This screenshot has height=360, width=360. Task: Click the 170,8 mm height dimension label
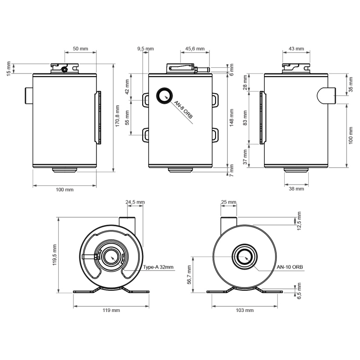(x=117, y=116)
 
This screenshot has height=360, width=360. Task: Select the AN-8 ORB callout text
(x=183, y=109)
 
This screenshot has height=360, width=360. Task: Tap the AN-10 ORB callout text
(x=290, y=267)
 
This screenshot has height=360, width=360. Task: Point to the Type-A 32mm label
(x=158, y=267)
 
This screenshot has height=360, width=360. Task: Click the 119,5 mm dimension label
(x=54, y=255)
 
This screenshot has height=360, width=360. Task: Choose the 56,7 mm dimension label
(x=189, y=275)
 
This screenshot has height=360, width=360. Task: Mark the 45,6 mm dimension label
(x=195, y=48)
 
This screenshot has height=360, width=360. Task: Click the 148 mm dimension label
(x=231, y=118)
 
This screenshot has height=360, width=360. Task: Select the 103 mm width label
(x=245, y=311)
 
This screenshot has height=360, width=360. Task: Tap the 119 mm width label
(x=111, y=311)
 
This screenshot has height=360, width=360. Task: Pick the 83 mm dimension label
(x=245, y=118)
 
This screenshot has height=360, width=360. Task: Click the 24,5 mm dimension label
(x=135, y=202)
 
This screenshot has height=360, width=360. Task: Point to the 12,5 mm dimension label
(x=299, y=221)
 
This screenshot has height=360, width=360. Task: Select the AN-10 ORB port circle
(x=245, y=256)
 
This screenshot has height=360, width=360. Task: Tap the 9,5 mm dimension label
(x=145, y=48)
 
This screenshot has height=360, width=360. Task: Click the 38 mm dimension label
(x=296, y=189)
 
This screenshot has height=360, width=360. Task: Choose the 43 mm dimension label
(x=296, y=48)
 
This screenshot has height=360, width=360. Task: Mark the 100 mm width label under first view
(x=65, y=190)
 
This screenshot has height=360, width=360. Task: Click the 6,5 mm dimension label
(x=299, y=291)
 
